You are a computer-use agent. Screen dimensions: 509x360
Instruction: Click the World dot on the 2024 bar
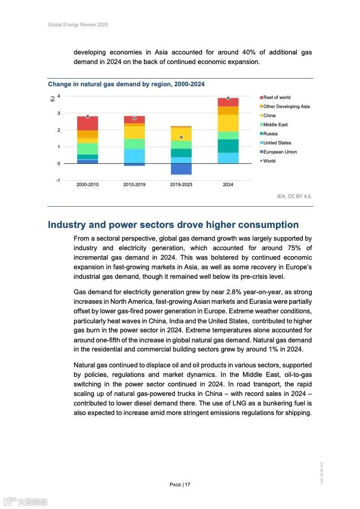coord(228,98)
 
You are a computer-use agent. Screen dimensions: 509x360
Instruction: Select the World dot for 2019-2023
coord(181,137)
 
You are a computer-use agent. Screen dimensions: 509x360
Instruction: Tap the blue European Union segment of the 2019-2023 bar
coord(181,169)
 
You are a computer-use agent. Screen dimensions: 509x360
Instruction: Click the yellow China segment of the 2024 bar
coord(228,123)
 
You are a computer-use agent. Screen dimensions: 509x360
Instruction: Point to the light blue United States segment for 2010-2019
coord(134,156)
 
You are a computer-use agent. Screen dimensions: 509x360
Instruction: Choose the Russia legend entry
coord(270,133)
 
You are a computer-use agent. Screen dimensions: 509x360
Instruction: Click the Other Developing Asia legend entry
coord(286,106)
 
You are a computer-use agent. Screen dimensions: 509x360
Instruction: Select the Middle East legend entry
coord(275,124)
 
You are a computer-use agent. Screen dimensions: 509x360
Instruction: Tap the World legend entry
coord(269,161)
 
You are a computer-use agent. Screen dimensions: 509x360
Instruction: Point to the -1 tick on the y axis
coord(58,180)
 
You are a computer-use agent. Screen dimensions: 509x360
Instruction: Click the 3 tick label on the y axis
coord(59,113)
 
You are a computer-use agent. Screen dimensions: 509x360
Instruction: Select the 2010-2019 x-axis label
coord(134,185)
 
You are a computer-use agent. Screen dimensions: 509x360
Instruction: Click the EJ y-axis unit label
coord(52,98)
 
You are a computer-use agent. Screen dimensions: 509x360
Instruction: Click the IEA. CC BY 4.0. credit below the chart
coord(295,196)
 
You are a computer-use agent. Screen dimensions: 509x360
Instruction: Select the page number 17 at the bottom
coord(187,484)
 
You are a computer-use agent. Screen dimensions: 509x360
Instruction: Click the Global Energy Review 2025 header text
coord(78,25)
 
